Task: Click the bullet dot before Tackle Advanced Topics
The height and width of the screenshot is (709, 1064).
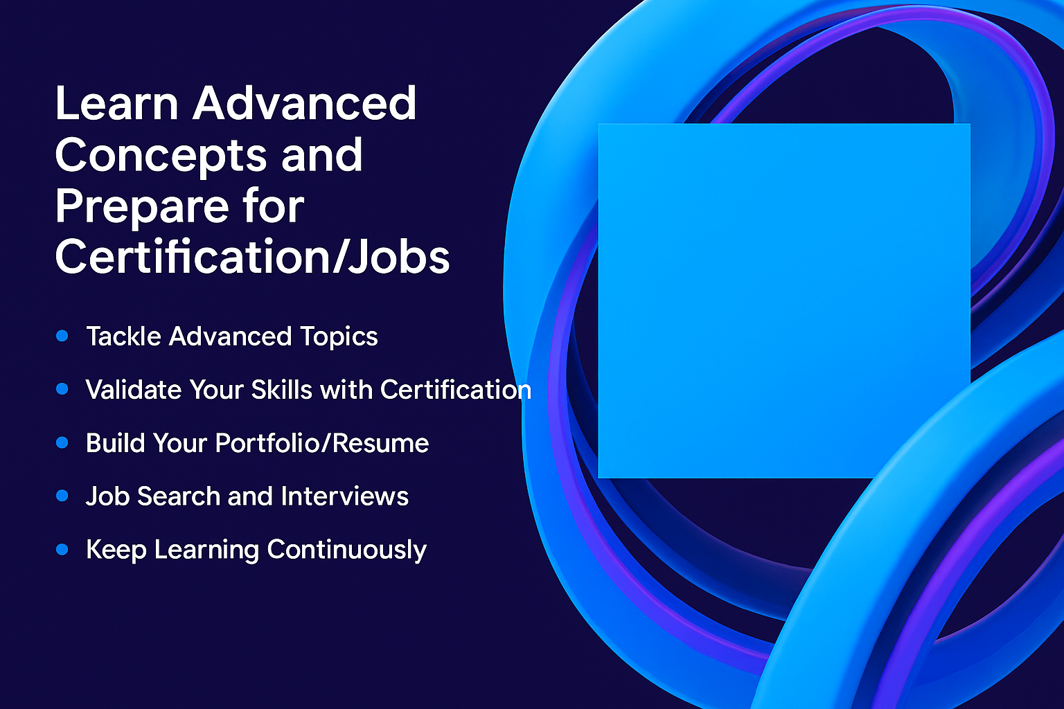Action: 62,336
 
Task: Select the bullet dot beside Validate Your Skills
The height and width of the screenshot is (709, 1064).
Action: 62,389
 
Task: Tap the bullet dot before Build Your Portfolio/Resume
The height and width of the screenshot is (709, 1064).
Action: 62,442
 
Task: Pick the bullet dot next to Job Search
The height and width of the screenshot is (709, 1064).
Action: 62,496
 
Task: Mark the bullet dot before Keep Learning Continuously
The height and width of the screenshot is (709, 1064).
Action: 62,550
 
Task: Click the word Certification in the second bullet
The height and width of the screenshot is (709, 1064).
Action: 456,389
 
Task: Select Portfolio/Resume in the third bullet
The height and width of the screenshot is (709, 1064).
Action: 322,443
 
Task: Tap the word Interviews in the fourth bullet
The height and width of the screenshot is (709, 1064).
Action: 344,496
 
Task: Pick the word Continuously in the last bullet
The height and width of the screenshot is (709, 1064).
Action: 347,550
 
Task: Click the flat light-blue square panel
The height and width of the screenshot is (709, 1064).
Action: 783,300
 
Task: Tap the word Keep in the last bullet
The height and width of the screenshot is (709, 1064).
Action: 116,550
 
